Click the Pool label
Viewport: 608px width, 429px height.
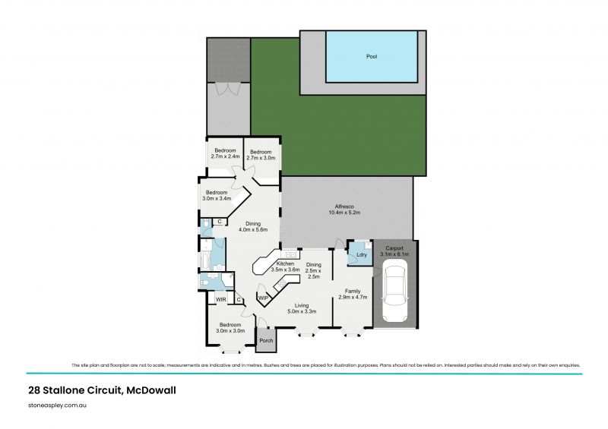(372, 56)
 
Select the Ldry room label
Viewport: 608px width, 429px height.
(362, 255)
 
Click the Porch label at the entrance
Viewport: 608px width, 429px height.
(266, 339)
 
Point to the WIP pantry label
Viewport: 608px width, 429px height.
(262, 298)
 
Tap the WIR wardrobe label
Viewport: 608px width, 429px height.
(220, 300)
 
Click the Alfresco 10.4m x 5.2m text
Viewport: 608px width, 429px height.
(347, 210)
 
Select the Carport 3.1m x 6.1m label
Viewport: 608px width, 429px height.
(394, 251)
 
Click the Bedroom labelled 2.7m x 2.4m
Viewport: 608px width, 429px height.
(224, 153)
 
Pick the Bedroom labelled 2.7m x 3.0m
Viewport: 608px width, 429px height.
(261, 154)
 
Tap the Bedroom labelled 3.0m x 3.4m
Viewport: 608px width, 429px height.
(217, 195)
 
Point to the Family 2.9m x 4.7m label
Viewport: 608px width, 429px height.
(353, 294)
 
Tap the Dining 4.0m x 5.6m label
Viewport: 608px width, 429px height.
(253, 227)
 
